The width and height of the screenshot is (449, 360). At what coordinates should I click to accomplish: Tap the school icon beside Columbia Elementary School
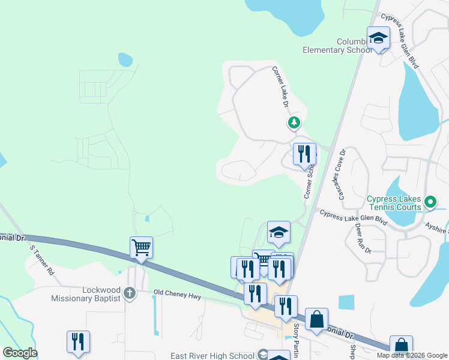[379, 38]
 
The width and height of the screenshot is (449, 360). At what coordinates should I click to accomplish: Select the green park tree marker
[294, 123]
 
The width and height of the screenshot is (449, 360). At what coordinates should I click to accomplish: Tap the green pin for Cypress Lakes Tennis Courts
[430, 202]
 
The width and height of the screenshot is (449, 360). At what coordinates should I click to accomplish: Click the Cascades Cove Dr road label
[340, 174]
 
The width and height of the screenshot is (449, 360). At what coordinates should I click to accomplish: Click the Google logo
[20, 353]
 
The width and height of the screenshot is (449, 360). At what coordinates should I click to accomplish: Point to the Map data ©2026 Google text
[411, 355]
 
